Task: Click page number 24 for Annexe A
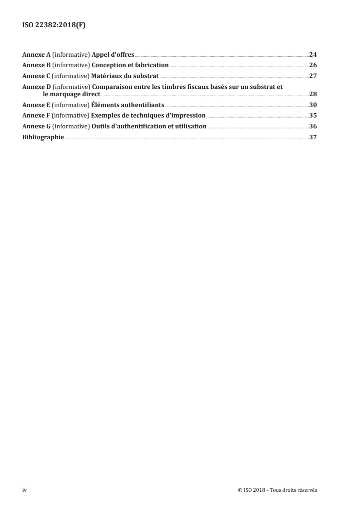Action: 313,54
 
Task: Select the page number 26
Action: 313,65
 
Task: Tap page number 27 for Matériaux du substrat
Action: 313,76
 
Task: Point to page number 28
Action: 313,94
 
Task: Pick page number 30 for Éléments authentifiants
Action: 313,105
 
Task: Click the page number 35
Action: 313,116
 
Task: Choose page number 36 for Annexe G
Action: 313,127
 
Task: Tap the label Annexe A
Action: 36,54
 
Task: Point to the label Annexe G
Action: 36,127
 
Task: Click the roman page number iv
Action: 25,490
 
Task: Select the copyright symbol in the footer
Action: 239,490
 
